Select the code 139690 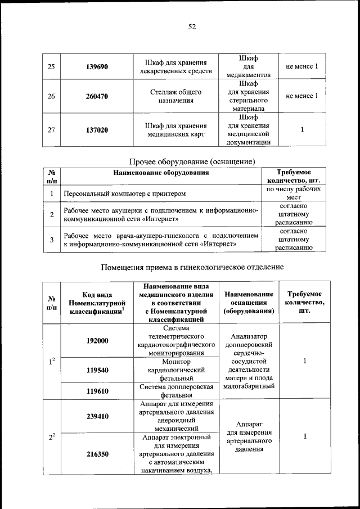tap(97, 67)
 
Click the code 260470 tap(97, 96)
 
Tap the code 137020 tap(97, 130)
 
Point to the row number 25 tap(51, 67)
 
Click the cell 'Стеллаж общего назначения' tap(176, 96)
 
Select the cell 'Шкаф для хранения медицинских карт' tap(176, 130)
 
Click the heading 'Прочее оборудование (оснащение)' tap(192, 161)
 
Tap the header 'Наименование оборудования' tap(161, 173)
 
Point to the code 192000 tap(97, 341)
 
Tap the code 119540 tap(97, 370)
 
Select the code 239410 tap(97, 416)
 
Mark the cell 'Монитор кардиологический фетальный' tap(176, 370)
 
